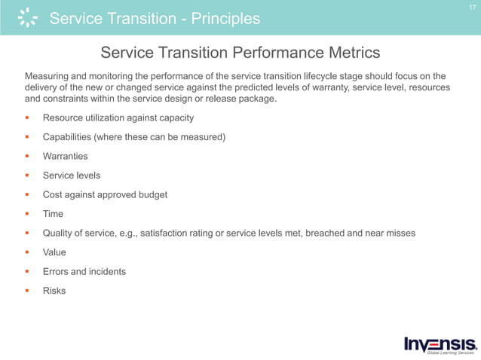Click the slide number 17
click(x=471, y=8)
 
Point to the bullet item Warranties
click(x=65, y=157)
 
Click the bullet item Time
click(x=53, y=214)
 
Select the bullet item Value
click(x=54, y=252)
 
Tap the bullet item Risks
click(x=54, y=291)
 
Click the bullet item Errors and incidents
click(x=84, y=271)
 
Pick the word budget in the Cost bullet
click(x=150, y=194)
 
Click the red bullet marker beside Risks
click(x=27, y=291)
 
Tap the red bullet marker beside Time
click(x=27, y=214)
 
